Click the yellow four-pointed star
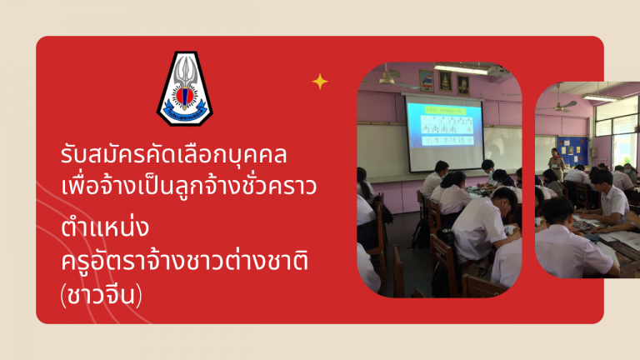320,82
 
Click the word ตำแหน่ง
104,227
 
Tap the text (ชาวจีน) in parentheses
101,296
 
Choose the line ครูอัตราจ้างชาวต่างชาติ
184,260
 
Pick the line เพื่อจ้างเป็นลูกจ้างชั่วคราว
188,187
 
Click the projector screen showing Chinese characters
444,134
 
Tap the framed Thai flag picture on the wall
427,81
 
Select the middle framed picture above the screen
445,82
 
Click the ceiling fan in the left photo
390,79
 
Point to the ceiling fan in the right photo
560,104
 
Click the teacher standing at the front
556,164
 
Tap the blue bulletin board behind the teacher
573,151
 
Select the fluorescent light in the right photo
600,97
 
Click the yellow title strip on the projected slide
445,110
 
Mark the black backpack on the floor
421,234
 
